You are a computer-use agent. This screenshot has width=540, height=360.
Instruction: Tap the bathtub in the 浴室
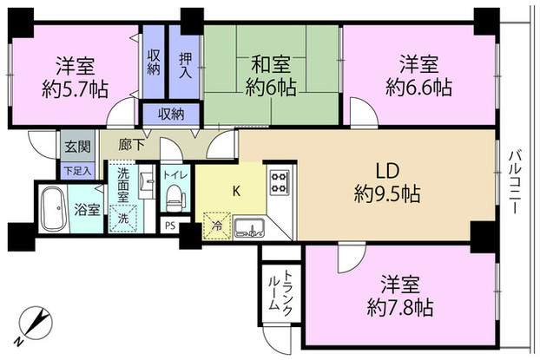[54, 211]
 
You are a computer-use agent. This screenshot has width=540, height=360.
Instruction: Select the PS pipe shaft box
[170, 226]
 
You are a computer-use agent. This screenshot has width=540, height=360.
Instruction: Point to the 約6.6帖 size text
[420, 86]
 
